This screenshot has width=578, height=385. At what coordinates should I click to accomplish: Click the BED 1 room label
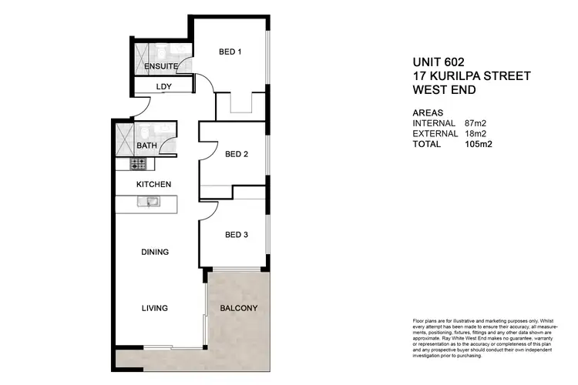tap(230, 52)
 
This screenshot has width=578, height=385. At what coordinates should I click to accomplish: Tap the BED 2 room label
tap(237, 154)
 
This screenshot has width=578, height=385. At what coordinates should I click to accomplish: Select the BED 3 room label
tap(237, 235)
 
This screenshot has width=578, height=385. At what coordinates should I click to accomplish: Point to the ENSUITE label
tap(161, 67)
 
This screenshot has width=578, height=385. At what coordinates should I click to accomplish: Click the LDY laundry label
tap(163, 86)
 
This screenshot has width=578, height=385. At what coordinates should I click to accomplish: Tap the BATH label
tap(146, 146)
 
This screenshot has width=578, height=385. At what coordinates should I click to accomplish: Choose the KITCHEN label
tap(153, 184)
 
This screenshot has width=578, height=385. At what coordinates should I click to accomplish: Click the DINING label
tap(155, 252)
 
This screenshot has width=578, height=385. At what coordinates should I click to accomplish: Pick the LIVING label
tap(154, 308)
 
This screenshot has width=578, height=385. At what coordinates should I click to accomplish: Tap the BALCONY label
tap(239, 309)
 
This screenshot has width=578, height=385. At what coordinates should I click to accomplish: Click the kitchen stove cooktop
tap(138, 164)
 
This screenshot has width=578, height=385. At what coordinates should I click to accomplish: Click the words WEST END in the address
tap(444, 89)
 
